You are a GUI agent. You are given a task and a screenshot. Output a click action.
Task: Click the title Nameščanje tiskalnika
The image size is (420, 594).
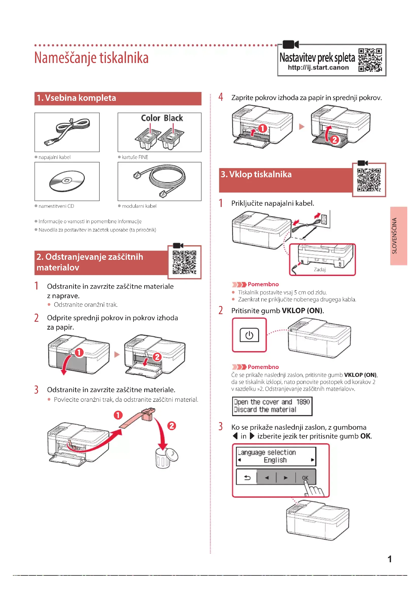(91, 58)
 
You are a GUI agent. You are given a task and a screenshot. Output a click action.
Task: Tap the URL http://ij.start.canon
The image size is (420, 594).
(318, 68)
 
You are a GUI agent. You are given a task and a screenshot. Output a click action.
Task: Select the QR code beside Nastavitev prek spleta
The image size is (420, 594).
(370, 60)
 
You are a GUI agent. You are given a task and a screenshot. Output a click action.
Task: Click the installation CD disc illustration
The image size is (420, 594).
(67, 181)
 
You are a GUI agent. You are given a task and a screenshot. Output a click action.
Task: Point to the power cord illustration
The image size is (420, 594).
(67, 132)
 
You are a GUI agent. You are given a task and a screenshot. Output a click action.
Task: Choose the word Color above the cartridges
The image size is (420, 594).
(151, 118)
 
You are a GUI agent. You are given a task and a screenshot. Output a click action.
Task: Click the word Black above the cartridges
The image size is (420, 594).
(173, 118)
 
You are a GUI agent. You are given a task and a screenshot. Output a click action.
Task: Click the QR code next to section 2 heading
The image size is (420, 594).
(184, 262)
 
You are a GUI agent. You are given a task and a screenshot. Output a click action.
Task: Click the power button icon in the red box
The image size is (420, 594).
(249, 335)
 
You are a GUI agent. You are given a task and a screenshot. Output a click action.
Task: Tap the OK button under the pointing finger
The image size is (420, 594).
(305, 478)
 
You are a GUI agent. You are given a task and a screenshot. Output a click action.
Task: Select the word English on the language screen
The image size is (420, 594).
(275, 460)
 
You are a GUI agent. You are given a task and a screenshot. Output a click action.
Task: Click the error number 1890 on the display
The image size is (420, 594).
(303, 402)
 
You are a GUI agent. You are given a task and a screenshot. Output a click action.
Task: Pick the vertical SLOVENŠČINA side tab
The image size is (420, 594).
(398, 236)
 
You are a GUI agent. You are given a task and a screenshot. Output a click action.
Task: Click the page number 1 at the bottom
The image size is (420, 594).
(390, 559)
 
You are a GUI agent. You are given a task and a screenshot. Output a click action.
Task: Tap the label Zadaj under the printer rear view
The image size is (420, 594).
(320, 270)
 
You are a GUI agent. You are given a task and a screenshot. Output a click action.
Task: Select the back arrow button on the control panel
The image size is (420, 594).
(247, 478)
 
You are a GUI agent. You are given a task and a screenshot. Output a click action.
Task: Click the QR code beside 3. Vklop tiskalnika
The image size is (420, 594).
(369, 180)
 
